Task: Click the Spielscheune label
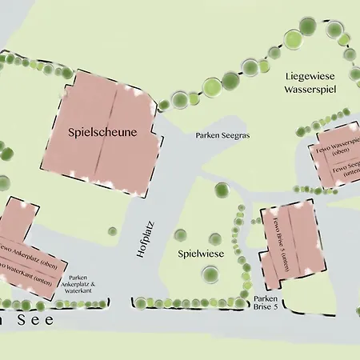103,132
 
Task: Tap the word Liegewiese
310,75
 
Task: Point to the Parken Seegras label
222,136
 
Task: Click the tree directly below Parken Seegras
221,190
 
